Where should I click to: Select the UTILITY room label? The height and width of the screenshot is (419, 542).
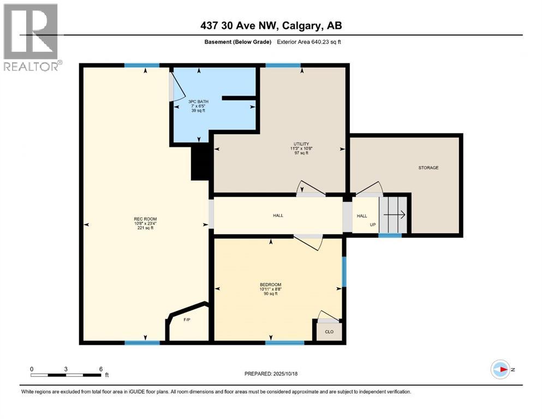[x=301, y=144]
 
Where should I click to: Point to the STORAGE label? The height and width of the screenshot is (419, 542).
[x=428, y=167]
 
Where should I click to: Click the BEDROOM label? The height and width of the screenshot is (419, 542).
[x=270, y=285]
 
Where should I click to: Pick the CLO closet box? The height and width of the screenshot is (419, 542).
[x=329, y=331]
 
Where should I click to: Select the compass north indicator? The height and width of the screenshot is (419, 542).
[x=501, y=369]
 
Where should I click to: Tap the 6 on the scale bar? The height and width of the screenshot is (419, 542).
[x=101, y=368]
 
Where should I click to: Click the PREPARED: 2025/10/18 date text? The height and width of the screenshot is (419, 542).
[x=271, y=374]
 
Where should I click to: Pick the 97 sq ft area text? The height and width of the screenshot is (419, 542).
[x=301, y=153]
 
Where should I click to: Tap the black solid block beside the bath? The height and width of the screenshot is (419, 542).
[x=200, y=162]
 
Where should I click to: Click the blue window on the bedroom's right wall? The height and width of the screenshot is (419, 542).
[x=344, y=272]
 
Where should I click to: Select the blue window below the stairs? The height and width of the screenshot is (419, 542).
[x=390, y=235]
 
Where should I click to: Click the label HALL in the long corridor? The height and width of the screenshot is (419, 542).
[x=278, y=216]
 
